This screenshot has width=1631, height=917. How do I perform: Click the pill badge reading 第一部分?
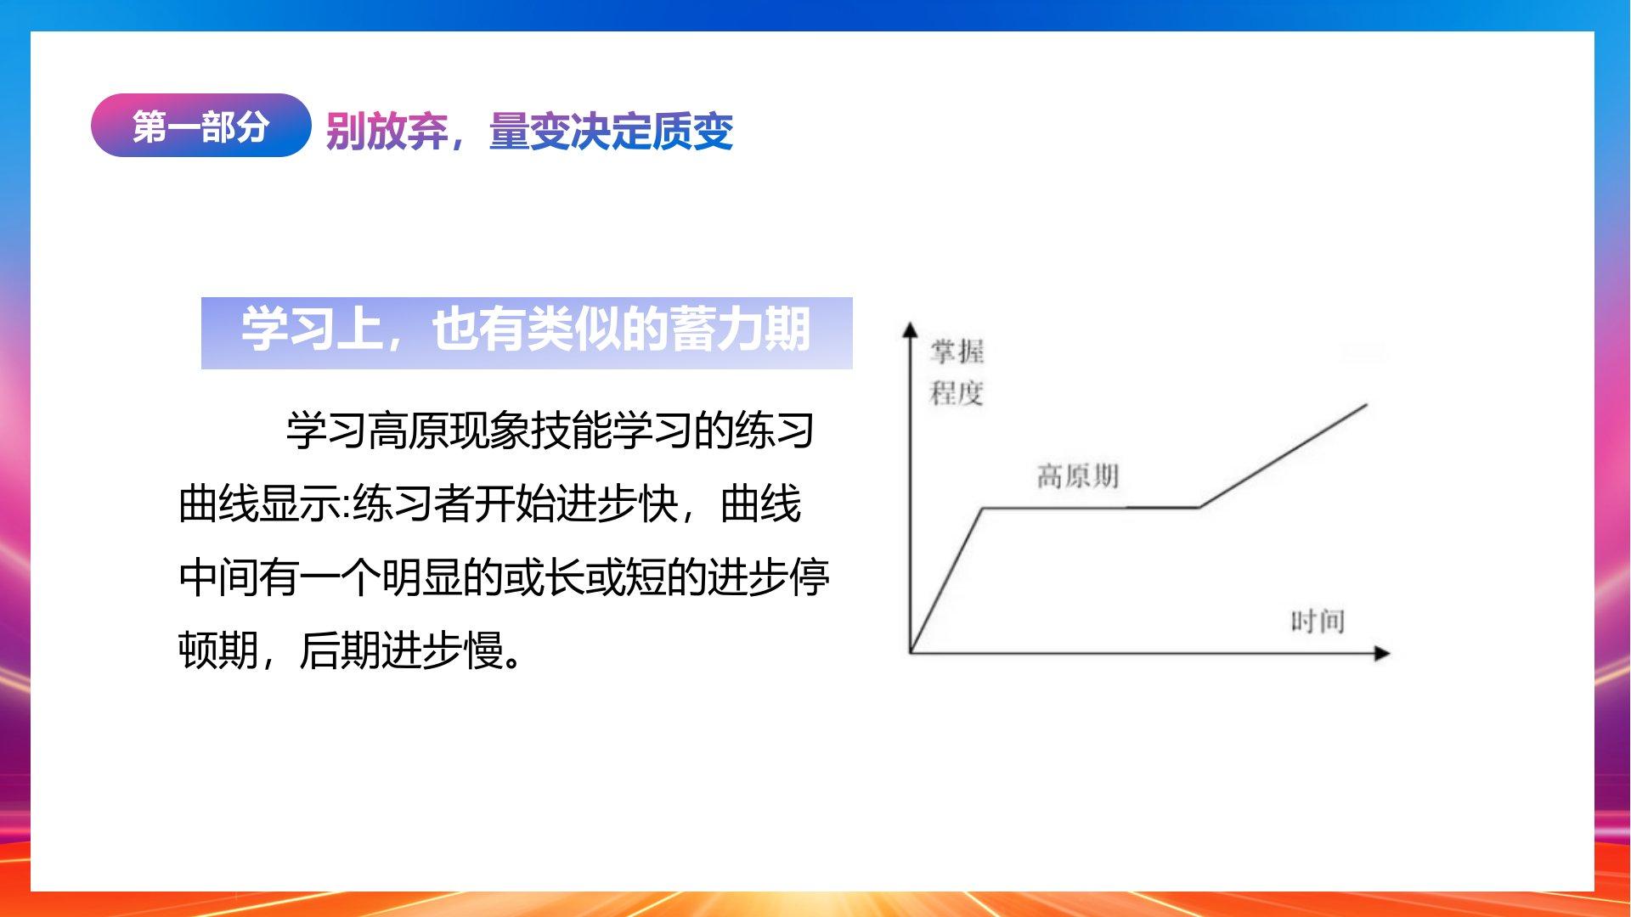[200, 126]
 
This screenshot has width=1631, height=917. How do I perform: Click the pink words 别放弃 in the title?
[387, 132]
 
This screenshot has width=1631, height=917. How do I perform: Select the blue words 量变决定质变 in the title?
[611, 132]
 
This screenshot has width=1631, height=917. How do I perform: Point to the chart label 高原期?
[1077, 476]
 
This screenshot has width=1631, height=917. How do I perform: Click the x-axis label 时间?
[1318, 622]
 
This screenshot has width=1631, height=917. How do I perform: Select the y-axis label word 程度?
[957, 393]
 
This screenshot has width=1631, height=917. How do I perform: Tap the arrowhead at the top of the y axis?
[910, 329]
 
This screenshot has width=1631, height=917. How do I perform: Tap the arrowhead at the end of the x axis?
[1382, 653]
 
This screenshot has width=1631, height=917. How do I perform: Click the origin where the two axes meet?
[911, 653]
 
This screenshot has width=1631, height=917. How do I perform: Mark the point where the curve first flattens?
[983, 508]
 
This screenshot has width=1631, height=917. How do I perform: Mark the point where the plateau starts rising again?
[1199, 507]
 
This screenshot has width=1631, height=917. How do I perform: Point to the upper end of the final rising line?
[1367, 405]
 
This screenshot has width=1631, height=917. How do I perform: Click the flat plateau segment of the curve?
[1091, 508]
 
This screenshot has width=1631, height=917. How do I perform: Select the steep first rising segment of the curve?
[946, 581]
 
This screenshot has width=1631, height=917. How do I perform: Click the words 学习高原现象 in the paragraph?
[409, 430]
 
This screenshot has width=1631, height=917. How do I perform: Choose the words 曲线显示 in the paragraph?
[260, 504]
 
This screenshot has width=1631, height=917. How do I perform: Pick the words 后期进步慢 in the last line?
[402, 651]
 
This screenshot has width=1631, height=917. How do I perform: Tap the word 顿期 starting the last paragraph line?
[219, 651]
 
